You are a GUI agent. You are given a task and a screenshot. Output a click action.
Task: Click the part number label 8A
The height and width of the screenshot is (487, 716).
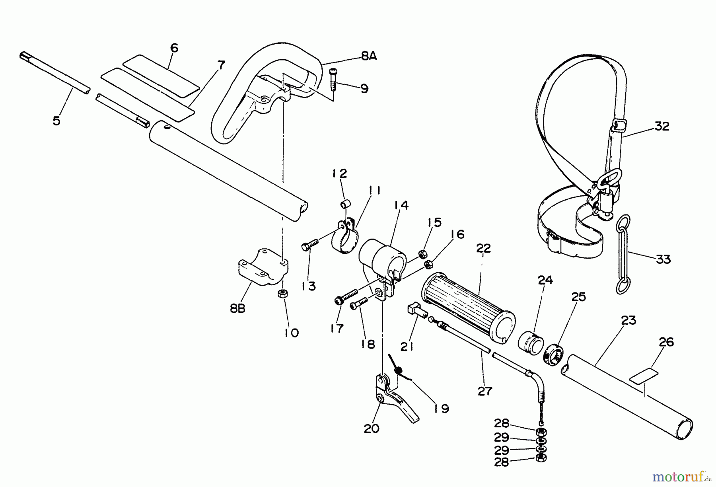(368, 56)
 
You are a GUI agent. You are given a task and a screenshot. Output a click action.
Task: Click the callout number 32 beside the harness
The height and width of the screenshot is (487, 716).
(662, 127)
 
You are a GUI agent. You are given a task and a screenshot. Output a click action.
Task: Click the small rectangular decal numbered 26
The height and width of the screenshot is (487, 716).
(643, 376)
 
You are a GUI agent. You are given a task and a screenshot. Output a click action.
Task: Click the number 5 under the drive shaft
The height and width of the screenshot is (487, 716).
(57, 121)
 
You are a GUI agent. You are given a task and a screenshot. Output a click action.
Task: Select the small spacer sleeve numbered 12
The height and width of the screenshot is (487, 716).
(344, 205)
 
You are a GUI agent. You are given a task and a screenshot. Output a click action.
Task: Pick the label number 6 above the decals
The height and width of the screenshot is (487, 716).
(174, 48)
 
